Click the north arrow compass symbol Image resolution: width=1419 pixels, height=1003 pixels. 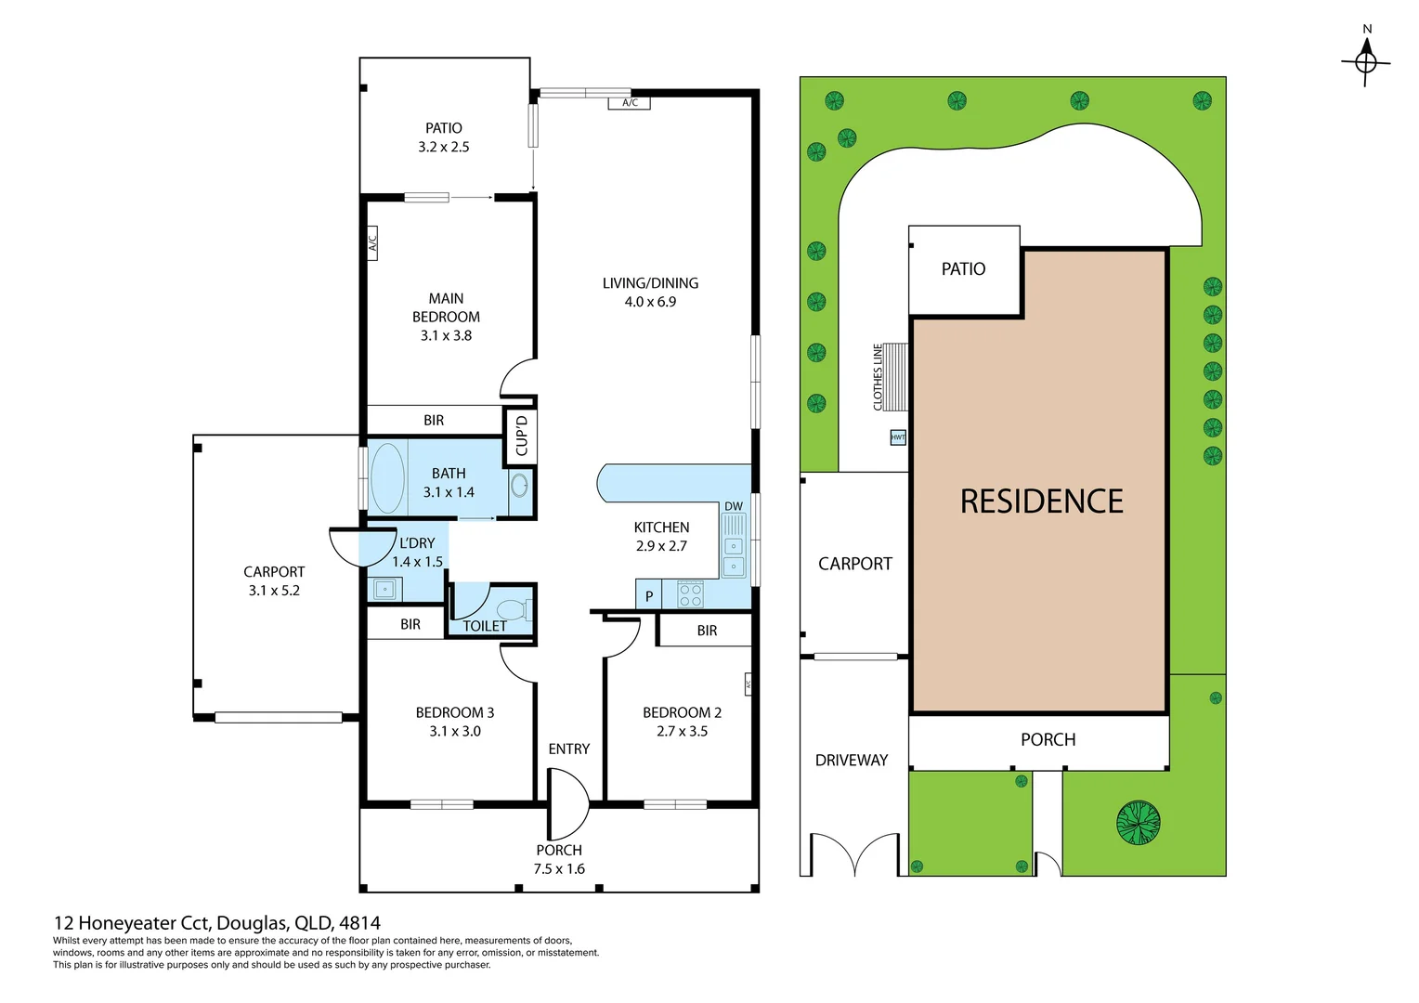pyautogui.click(x=1366, y=62)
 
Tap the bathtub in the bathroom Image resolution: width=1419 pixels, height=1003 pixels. pyautogui.click(x=387, y=478)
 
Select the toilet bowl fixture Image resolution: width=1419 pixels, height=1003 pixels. pyautogui.click(x=514, y=609)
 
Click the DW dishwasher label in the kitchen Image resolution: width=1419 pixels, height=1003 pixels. pyautogui.click(x=734, y=506)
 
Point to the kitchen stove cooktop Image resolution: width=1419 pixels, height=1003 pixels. pyautogui.click(x=690, y=593)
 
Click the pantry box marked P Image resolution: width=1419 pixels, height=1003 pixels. pyautogui.click(x=649, y=595)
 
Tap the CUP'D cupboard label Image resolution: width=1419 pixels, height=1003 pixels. pyautogui.click(x=521, y=436)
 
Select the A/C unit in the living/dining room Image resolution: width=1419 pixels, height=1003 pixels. pyautogui.click(x=629, y=103)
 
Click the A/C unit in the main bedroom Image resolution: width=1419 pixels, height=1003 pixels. pyautogui.click(x=372, y=243)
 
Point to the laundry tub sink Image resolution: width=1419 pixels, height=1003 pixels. pyautogui.click(x=384, y=589)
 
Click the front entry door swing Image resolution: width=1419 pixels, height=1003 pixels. pyautogui.click(x=567, y=804)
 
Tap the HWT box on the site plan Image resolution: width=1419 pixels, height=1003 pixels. pyautogui.click(x=898, y=437)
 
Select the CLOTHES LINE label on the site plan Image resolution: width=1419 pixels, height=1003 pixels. pyautogui.click(x=878, y=377)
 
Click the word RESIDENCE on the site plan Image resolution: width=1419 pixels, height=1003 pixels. pyautogui.click(x=1041, y=501)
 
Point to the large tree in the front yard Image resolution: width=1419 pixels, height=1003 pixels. pyautogui.click(x=1138, y=823)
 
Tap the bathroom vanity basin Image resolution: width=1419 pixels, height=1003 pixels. pyautogui.click(x=519, y=486)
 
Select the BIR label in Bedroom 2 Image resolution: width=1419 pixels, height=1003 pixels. pyautogui.click(x=707, y=631)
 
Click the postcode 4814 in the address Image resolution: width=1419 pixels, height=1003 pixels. pyautogui.click(x=359, y=922)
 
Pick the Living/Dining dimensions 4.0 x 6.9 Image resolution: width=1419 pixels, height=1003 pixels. pyautogui.click(x=650, y=302)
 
